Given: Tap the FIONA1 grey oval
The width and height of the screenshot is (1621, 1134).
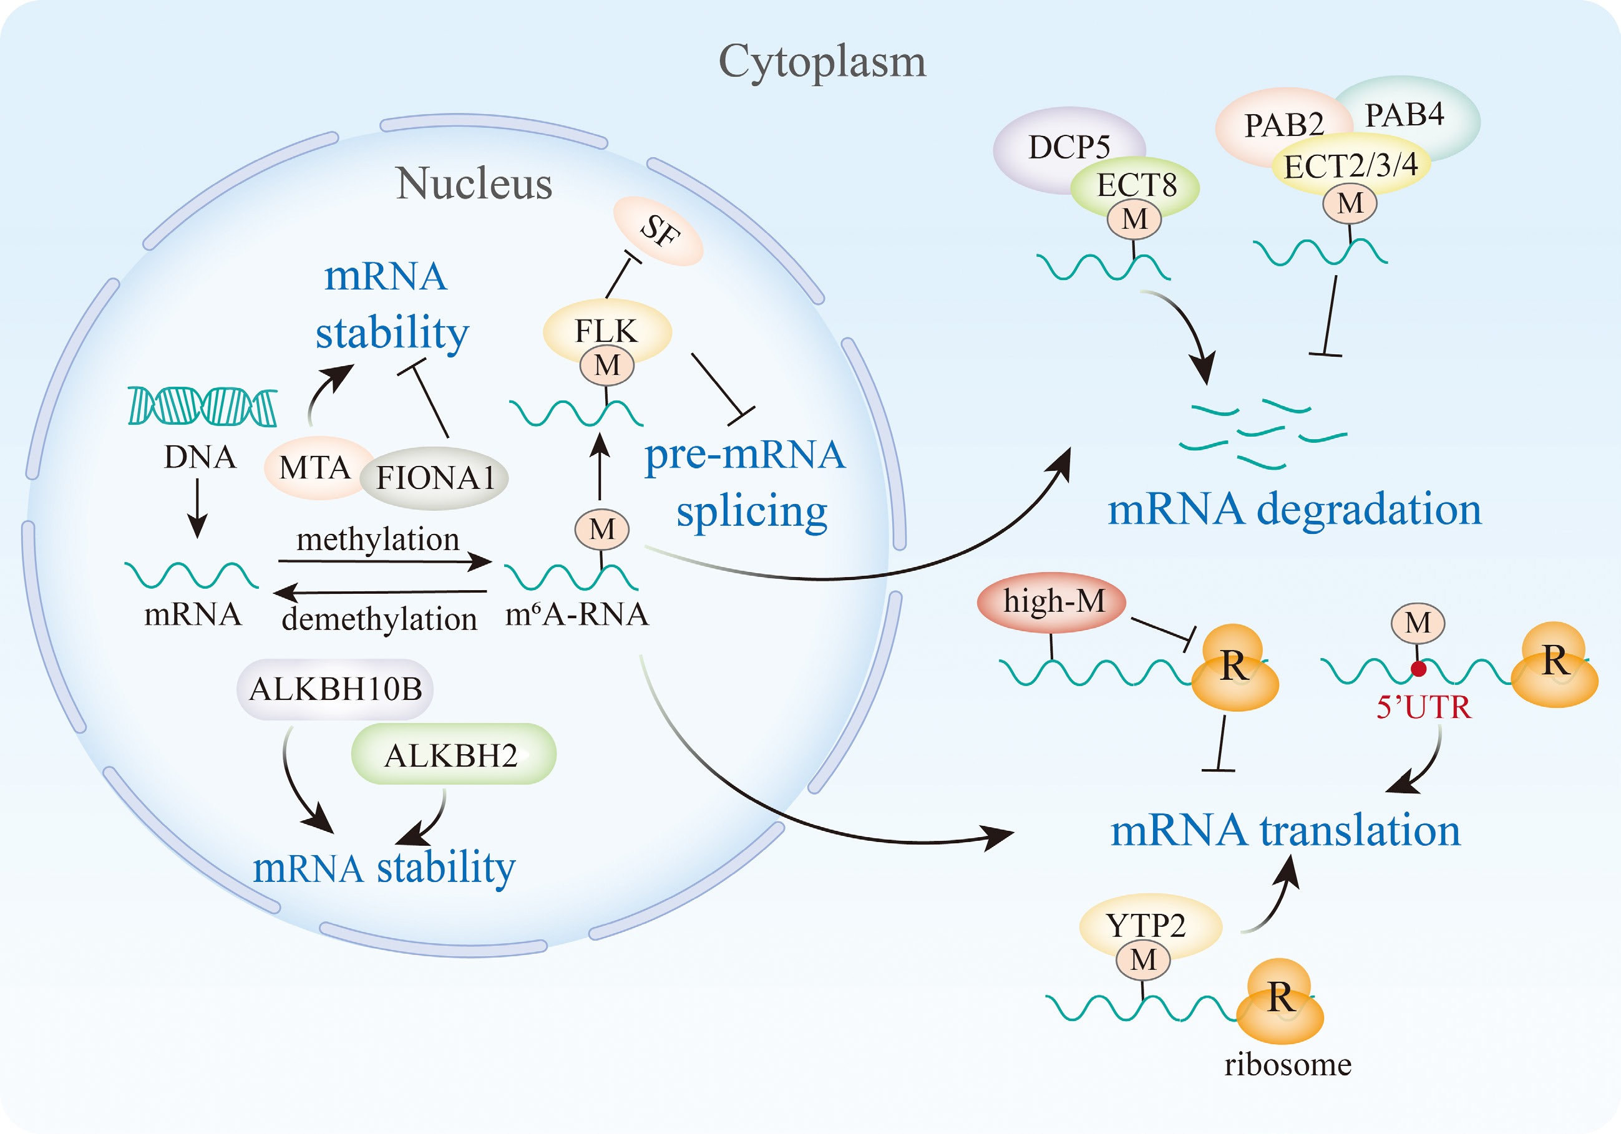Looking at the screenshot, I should pyautogui.click(x=435, y=478).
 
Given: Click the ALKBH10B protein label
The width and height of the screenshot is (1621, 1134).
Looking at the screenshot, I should pyautogui.click(x=335, y=689).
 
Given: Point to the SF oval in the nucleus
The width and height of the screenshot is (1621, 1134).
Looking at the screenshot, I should pyautogui.click(x=660, y=231).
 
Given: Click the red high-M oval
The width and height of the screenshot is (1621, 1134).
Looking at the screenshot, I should pyautogui.click(x=1052, y=602).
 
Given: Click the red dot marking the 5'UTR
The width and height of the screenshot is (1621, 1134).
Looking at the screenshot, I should pyautogui.click(x=1418, y=669).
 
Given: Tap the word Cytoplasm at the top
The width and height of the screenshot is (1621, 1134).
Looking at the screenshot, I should pyautogui.click(x=822, y=61).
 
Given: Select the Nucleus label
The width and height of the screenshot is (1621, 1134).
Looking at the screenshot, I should pyautogui.click(x=474, y=183).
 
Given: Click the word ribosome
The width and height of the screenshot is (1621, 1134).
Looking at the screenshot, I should pyautogui.click(x=1288, y=1064).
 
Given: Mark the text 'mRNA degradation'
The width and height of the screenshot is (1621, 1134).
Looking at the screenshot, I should pyautogui.click(x=1294, y=509).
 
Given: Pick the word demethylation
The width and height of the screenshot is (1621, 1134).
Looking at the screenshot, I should pyautogui.click(x=380, y=619).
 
